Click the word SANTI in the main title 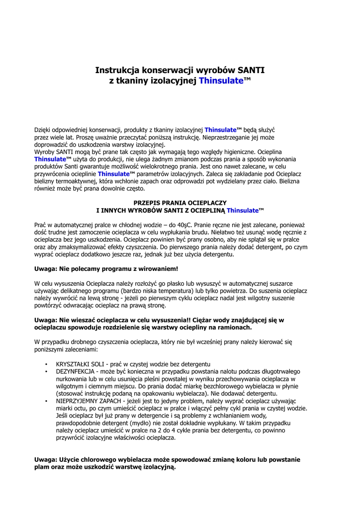click(x=250, y=71)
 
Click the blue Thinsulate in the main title click(x=221, y=81)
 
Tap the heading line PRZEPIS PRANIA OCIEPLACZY click(x=180, y=203)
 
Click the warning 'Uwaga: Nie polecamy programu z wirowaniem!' click(x=106, y=268)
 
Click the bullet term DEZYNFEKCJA click(x=76, y=371)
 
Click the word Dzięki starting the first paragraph click(x=44, y=130)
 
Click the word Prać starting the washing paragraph click(x=41, y=225)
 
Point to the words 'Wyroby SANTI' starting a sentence click(x=53, y=152)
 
